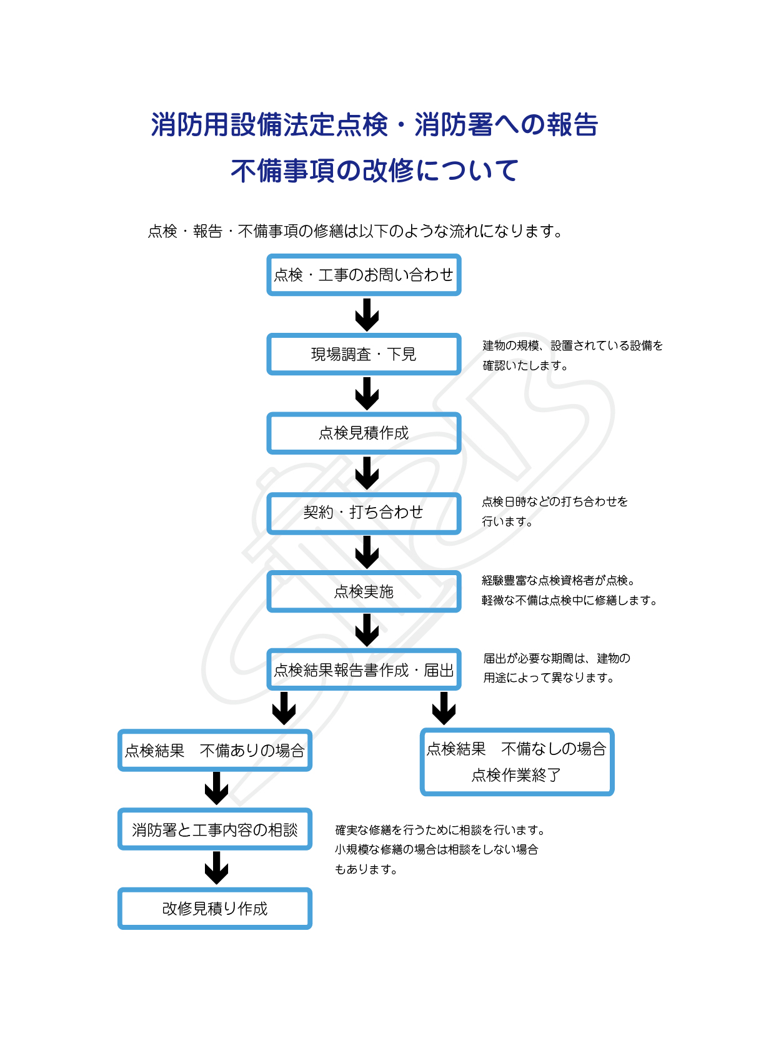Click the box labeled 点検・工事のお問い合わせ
(x=364, y=275)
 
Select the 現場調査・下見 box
(x=364, y=355)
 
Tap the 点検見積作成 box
(x=364, y=433)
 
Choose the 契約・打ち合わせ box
(x=364, y=513)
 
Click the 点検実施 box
(x=364, y=591)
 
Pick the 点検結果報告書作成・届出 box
(x=364, y=670)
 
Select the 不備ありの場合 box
(x=215, y=751)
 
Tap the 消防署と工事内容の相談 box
(x=215, y=830)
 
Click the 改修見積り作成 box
(x=215, y=909)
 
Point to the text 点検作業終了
(x=516, y=776)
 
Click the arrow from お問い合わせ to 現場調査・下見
(x=367, y=315)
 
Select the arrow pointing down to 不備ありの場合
(x=284, y=709)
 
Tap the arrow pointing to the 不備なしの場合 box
(x=444, y=709)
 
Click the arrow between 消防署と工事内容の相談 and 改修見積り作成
(x=217, y=869)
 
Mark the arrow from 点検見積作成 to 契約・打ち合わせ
(x=367, y=473)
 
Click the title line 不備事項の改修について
(x=375, y=170)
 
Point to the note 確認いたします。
(x=525, y=366)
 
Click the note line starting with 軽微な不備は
(x=569, y=601)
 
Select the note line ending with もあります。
(x=367, y=869)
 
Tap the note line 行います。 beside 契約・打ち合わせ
(x=507, y=521)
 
